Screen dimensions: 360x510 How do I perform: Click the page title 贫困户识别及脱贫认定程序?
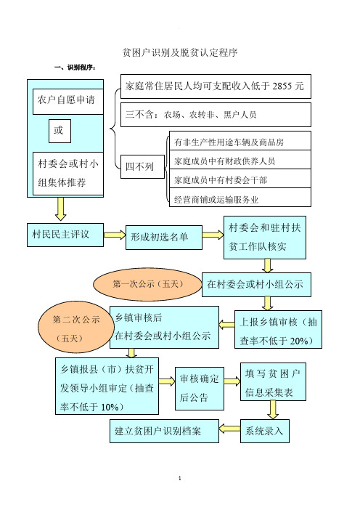180,52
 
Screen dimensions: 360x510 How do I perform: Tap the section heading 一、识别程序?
75,68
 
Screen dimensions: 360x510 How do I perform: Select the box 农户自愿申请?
68,102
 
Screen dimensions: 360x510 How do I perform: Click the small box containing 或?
60,131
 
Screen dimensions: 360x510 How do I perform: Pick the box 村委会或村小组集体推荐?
68,174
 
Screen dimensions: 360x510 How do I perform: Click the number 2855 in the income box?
284,86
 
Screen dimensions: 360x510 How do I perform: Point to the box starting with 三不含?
216,115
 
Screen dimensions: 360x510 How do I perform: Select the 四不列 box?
142,166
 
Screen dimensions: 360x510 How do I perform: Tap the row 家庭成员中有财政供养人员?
240,160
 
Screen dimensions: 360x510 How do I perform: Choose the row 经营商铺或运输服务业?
240,198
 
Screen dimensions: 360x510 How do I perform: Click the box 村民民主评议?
65,235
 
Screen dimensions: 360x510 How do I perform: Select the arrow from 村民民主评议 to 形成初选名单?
115,235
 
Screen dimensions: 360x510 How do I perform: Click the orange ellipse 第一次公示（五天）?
148,285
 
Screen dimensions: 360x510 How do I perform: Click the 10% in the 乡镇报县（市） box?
110,407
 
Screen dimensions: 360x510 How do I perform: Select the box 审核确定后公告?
200,389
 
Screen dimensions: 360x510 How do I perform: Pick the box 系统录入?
265,431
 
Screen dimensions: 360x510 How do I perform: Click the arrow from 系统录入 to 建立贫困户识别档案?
229,429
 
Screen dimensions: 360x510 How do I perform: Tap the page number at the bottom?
180,478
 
